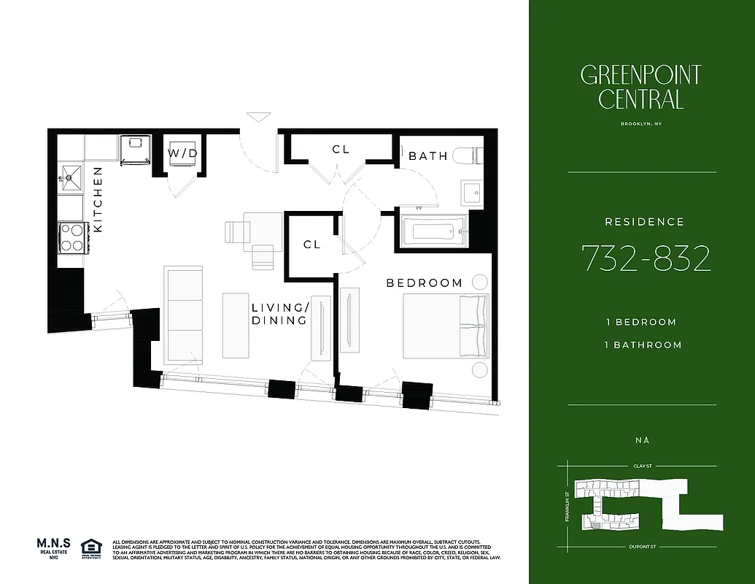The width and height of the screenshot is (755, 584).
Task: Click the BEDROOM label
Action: click(x=424, y=283)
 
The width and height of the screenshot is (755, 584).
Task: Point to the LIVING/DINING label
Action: click(x=280, y=314)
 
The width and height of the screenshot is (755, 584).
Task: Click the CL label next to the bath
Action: click(x=341, y=149)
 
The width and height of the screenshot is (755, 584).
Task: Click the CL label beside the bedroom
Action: click(x=311, y=245)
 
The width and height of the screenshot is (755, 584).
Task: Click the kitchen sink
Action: click(x=71, y=175)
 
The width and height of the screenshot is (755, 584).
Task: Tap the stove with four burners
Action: click(x=71, y=237)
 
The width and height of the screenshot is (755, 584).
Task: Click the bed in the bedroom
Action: click(x=445, y=326)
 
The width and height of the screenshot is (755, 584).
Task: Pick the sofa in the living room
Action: click(x=183, y=312)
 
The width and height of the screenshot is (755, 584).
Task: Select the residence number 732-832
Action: click(x=646, y=258)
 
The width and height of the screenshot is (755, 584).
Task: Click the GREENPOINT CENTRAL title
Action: click(x=641, y=87)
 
